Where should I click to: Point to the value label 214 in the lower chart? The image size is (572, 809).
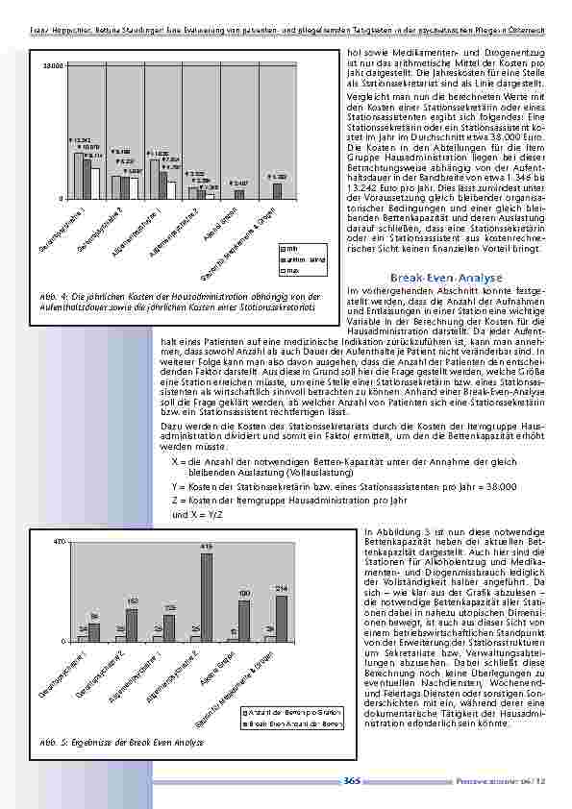point(282,587)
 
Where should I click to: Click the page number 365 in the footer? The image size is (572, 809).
point(352,781)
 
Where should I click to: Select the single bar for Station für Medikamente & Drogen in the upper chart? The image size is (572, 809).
point(277,190)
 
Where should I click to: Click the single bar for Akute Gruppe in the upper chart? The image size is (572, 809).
point(239,194)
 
